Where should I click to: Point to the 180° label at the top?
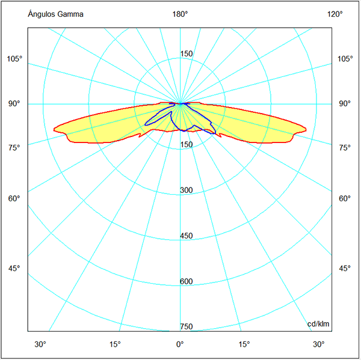pyautogui.click(x=180, y=14)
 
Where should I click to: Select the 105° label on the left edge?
pyautogui.click(x=15, y=59)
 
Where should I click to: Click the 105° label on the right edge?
pyautogui.click(x=345, y=59)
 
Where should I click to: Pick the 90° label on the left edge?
pyautogui.click(x=15, y=103)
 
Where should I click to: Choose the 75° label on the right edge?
pyautogui.click(x=345, y=148)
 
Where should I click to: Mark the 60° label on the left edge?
pyautogui.click(x=15, y=198)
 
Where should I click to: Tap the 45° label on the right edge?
pyautogui.click(x=345, y=268)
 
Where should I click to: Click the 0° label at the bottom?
pyautogui.click(x=180, y=344)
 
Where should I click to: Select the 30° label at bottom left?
pyautogui.click(x=40, y=344)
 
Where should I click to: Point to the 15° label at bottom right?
pyautogui.click(x=244, y=344)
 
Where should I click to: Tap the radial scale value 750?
pyautogui.click(x=187, y=327)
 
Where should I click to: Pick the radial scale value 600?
pyautogui.click(x=187, y=282)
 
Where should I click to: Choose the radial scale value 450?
pyautogui.click(x=187, y=236)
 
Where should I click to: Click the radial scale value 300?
pyautogui.click(x=187, y=191)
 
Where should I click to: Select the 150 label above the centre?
pyautogui.click(x=187, y=54)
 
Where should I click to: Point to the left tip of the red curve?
pyautogui.click(x=54, y=128)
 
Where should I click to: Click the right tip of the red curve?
pyautogui.click(x=306, y=129)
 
